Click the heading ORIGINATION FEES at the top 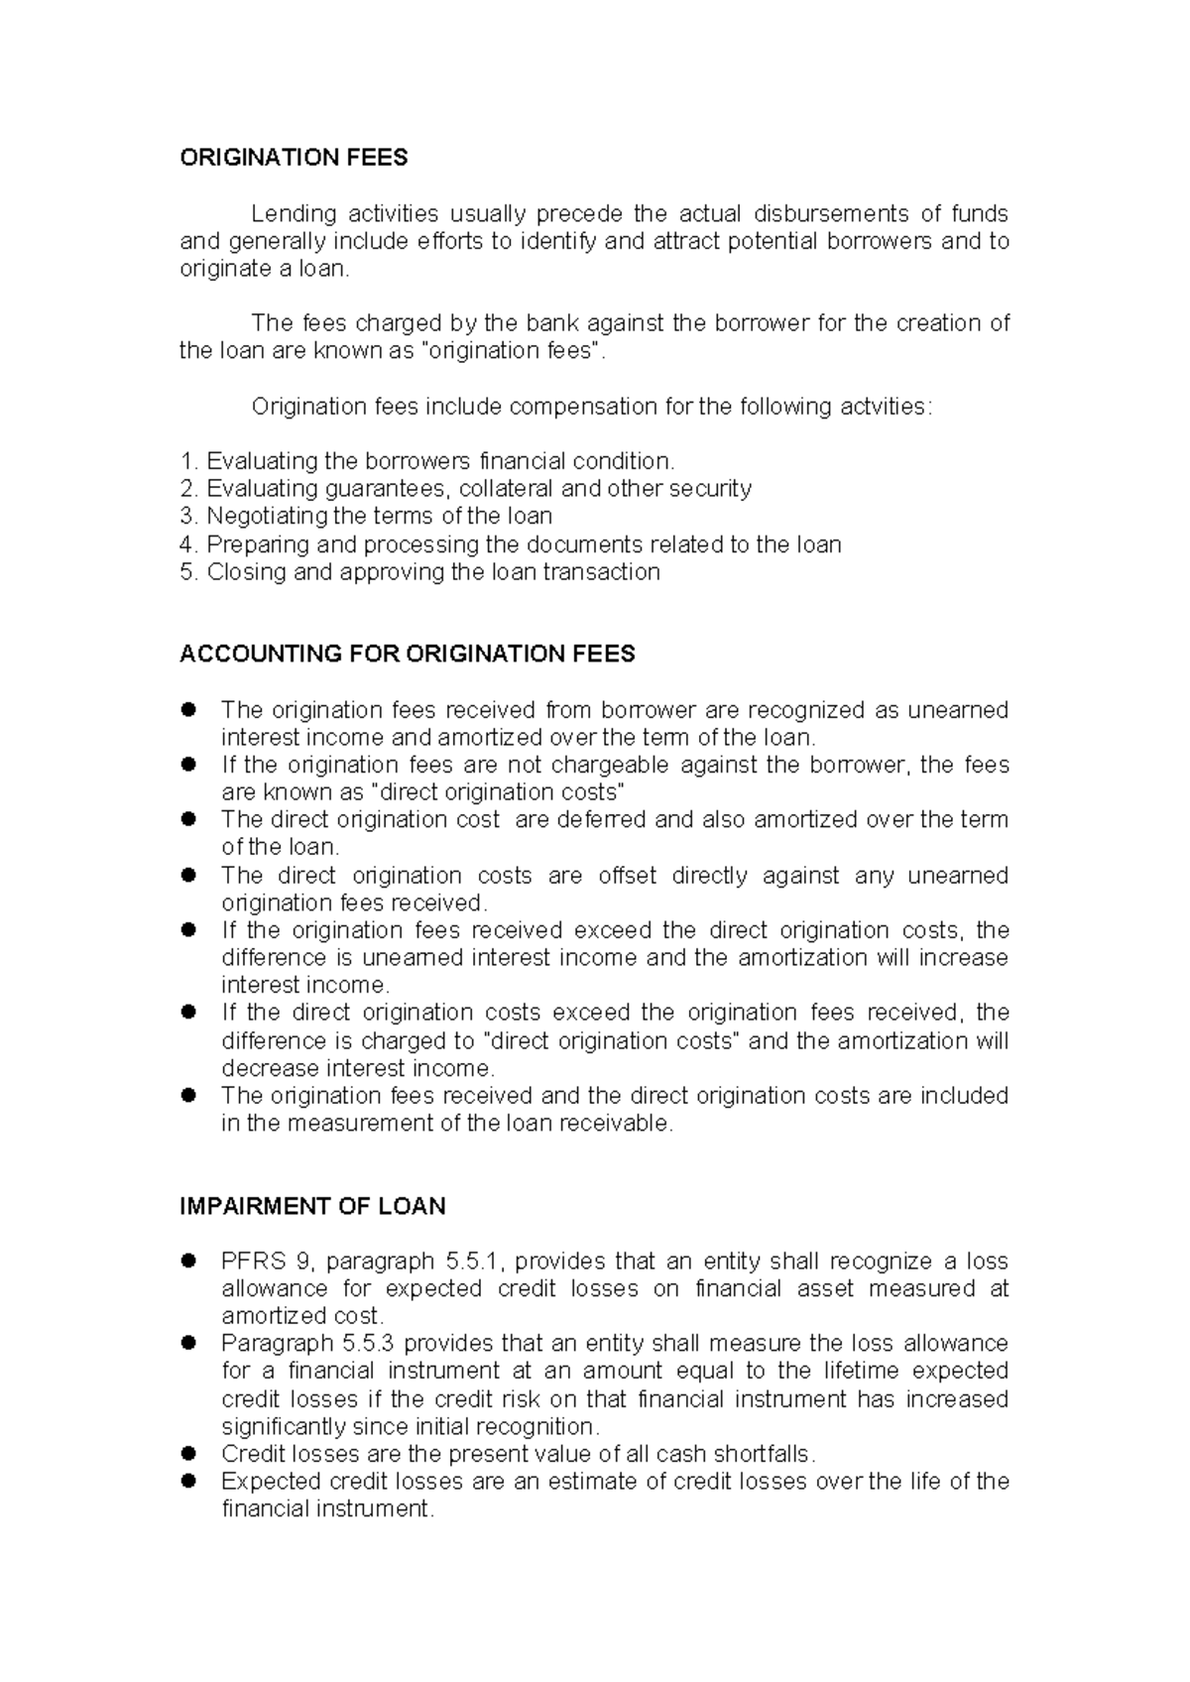coord(294,158)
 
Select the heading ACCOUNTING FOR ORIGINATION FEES coord(407,654)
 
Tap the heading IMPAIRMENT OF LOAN coord(312,1206)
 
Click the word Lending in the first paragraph coord(289,214)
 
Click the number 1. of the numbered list coord(189,461)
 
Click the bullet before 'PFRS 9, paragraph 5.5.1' coord(187,1261)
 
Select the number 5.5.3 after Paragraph coord(369,1344)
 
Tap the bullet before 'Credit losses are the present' coord(187,1454)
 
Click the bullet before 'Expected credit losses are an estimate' coord(187,1481)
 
